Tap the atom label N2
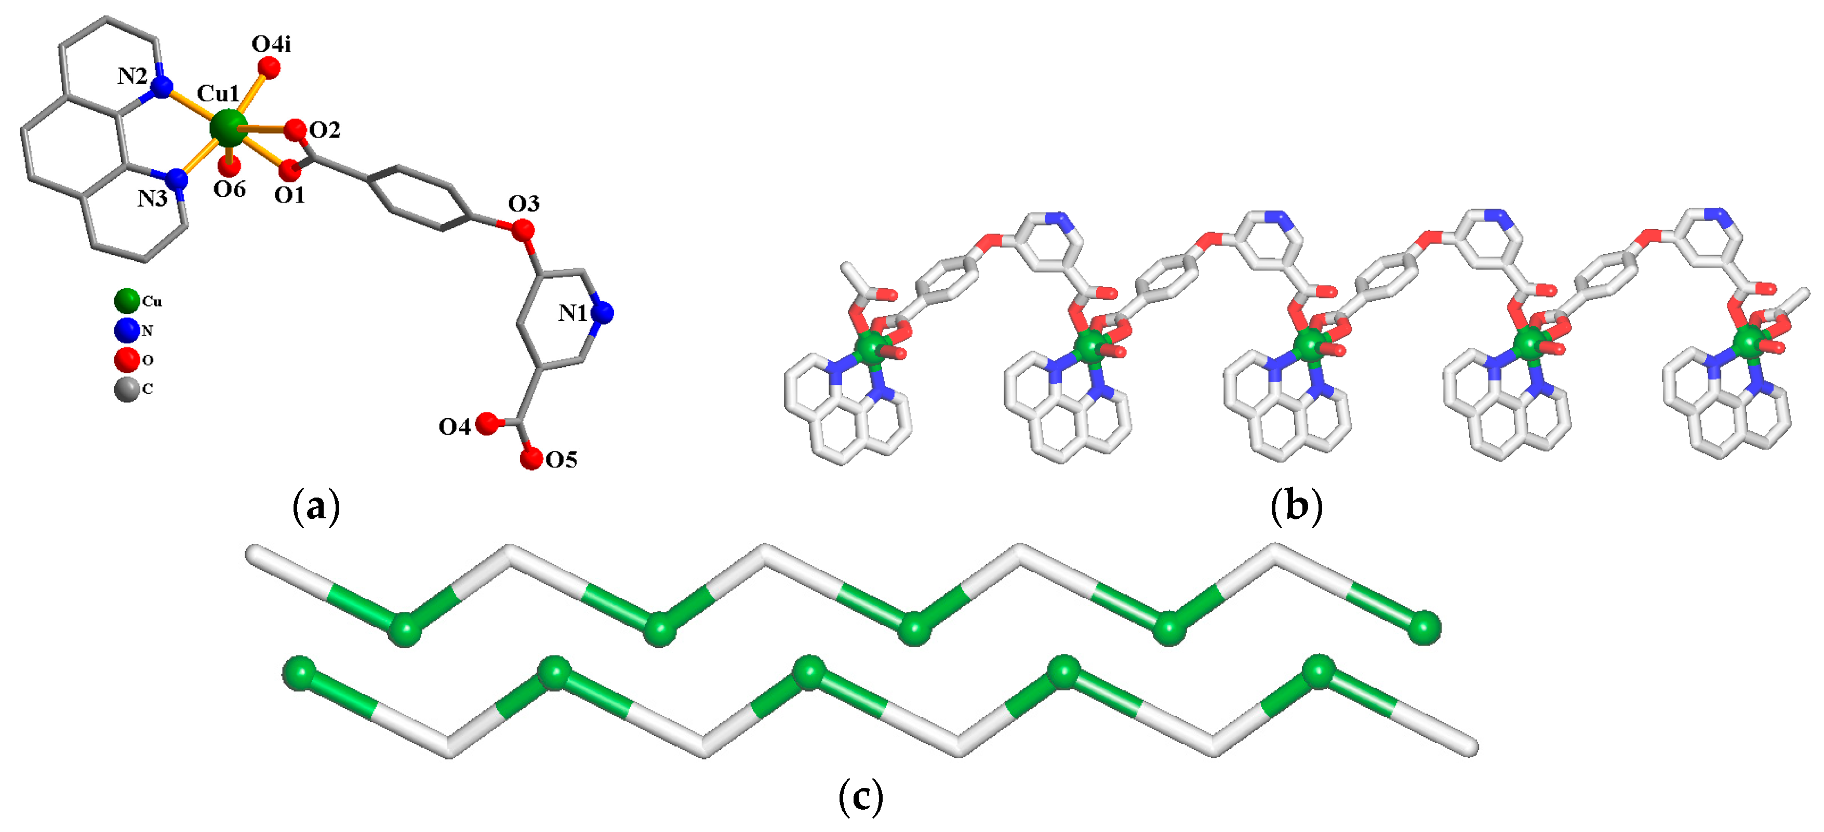pyautogui.click(x=132, y=76)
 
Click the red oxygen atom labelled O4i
pyautogui.click(x=269, y=68)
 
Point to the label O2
pyautogui.click(x=325, y=130)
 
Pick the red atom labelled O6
pyautogui.click(x=230, y=166)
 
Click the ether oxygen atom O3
pyautogui.click(x=523, y=230)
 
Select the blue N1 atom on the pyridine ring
pyautogui.click(x=603, y=312)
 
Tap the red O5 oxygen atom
pyautogui.click(x=531, y=458)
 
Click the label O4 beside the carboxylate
pyautogui.click(x=454, y=427)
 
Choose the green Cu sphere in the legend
pyautogui.click(x=127, y=301)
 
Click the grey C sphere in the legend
pyautogui.click(x=127, y=389)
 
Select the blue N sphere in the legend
pyautogui.click(x=127, y=330)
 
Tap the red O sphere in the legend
pyautogui.click(x=127, y=360)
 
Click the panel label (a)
pyautogui.click(x=316, y=507)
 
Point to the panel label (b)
pyautogui.click(x=1296, y=507)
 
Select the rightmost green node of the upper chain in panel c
pyautogui.click(x=1424, y=627)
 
